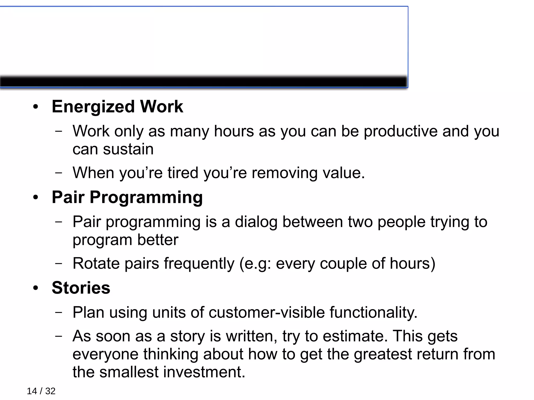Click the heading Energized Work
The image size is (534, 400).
click(x=117, y=107)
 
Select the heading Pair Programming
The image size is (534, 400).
click(x=127, y=197)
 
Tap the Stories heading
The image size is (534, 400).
click(x=81, y=288)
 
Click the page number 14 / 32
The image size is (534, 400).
click(x=41, y=391)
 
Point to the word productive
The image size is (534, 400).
click(x=400, y=131)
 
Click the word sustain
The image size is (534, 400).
click(x=128, y=149)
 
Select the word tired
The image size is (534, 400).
click(x=183, y=173)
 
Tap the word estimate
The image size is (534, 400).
click(x=355, y=336)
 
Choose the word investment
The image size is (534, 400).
click(x=204, y=372)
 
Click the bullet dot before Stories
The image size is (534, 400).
click(x=36, y=288)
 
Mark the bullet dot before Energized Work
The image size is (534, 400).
click(x=36, y=107)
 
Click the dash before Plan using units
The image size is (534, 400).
click(x=59, y=312)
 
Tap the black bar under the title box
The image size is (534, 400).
click(x=203, y=82)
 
